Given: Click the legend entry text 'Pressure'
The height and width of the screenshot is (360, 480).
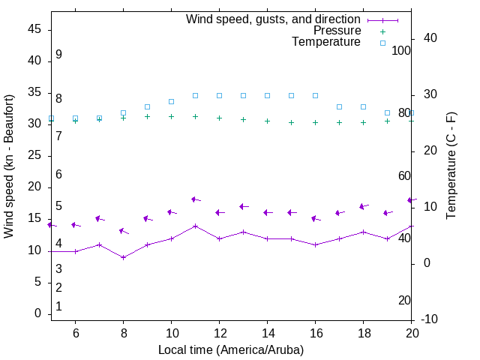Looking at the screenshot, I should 337,31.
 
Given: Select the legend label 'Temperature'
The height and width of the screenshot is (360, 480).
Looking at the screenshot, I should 326,42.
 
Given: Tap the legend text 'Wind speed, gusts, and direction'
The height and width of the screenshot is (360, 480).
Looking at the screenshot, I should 274,19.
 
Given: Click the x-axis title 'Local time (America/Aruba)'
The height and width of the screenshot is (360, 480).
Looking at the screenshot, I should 231,349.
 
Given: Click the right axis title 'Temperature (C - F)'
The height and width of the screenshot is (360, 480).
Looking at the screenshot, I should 451,166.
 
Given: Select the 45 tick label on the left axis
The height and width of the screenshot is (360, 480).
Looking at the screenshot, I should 34,29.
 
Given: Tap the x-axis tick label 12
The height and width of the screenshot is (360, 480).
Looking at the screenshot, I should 219,333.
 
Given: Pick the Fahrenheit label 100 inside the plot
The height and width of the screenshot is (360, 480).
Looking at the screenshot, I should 401,51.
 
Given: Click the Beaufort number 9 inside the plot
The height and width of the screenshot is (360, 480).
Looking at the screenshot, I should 58,55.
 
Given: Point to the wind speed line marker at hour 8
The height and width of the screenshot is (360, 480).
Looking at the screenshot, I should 123,257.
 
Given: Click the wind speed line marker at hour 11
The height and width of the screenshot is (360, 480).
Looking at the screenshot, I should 195,226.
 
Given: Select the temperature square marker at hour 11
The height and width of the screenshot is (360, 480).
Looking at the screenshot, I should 195,95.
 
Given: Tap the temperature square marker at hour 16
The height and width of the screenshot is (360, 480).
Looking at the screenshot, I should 315,95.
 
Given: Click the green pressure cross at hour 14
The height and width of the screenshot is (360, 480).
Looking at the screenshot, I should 267,121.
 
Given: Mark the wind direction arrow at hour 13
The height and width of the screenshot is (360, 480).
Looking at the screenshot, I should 244,206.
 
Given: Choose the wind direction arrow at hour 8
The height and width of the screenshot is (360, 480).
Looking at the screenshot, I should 124,231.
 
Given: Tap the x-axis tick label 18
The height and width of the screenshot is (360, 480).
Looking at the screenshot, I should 363,333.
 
